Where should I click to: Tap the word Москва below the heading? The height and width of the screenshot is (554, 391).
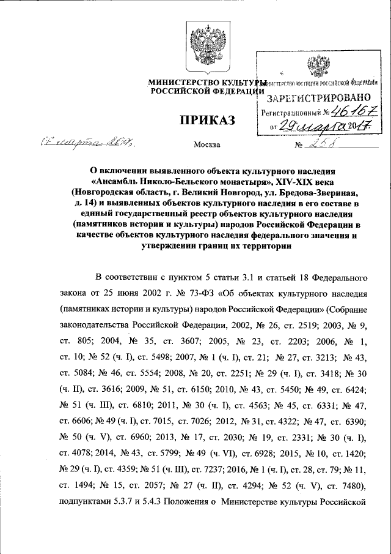click(206, 146)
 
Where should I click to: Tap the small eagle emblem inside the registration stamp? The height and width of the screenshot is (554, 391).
click(317, 67)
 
